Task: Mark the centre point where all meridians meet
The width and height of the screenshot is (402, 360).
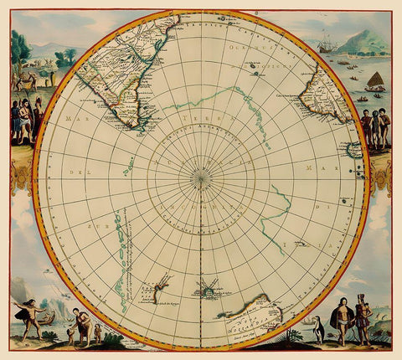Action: pyautogui.click(x=200, y=177)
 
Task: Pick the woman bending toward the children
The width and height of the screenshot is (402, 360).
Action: pyautogui.click(x=78, y=321)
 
